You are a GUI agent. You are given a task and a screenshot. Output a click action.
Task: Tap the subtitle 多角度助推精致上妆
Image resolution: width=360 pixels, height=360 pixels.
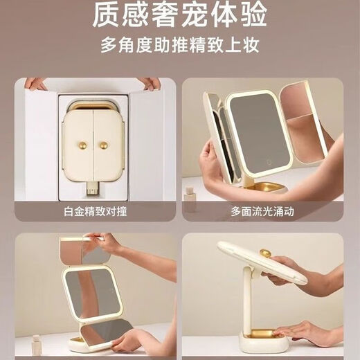coord(180,45)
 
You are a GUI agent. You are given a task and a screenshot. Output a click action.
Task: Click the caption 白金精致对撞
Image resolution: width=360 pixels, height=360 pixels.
coord(96,211)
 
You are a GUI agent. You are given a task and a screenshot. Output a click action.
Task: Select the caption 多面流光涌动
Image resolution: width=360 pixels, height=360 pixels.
coord(262,211)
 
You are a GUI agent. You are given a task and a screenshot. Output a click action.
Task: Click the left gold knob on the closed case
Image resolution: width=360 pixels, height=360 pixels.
coord(82,145)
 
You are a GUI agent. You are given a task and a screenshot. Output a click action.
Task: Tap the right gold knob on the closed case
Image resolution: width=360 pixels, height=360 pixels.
coord(104,145)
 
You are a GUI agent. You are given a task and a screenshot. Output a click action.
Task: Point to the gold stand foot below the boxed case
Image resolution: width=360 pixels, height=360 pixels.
coord(93,188)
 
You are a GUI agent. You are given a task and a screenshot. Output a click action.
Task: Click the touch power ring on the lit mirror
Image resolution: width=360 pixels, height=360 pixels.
coord(269,162)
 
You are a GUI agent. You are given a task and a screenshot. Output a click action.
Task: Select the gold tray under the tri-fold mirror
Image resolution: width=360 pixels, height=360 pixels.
coord(265,186)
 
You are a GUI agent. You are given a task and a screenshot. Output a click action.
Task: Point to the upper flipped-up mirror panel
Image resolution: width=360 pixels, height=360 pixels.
coord(84,251)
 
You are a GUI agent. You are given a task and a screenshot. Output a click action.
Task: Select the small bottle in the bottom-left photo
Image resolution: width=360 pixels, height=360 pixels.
coord(37,344)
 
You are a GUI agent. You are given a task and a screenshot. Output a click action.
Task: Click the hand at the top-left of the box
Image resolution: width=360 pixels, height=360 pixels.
coord(35,84)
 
